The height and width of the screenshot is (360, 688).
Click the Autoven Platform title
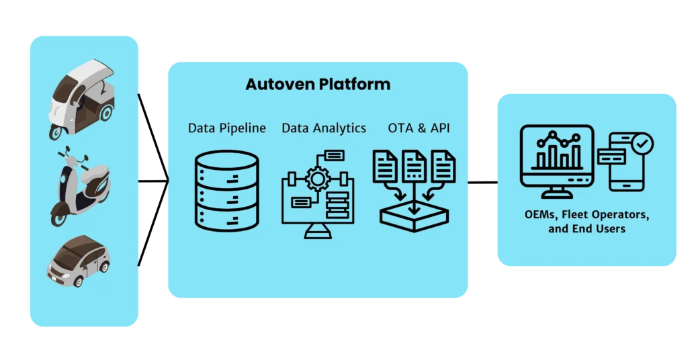tap(318, 84)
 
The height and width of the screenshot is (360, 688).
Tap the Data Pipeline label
tap(227, 128)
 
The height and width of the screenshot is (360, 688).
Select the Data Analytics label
tap(324, 128)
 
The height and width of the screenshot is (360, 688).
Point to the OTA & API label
tap(419, 128)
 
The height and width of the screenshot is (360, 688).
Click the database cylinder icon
tap(227, 191)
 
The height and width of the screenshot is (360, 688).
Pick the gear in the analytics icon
tap(318, 179)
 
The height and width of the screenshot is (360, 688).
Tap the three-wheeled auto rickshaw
tap(81, 99)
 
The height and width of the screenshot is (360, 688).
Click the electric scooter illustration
tap(81, 186)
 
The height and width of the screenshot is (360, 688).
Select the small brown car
tap(79, 261)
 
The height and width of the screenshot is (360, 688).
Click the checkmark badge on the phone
tap(642, 143)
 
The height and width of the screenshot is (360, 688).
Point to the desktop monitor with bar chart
tap(557, 161)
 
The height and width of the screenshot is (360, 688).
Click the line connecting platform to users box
tap(482, 183)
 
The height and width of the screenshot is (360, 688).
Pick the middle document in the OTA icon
tap(414, 166)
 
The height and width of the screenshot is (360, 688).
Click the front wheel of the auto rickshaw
tap(56, 132)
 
